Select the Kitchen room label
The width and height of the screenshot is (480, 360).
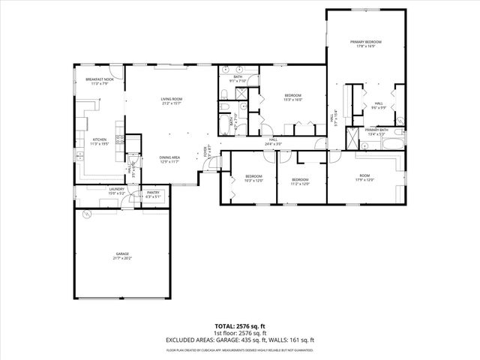(x=100, y=141)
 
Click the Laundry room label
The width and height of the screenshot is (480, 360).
(x=116, y=190)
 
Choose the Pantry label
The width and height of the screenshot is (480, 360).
(x=153, y=194)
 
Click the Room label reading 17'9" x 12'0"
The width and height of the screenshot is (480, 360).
(x=364, y=178)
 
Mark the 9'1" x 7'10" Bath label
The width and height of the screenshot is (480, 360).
(x=238, y=79)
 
